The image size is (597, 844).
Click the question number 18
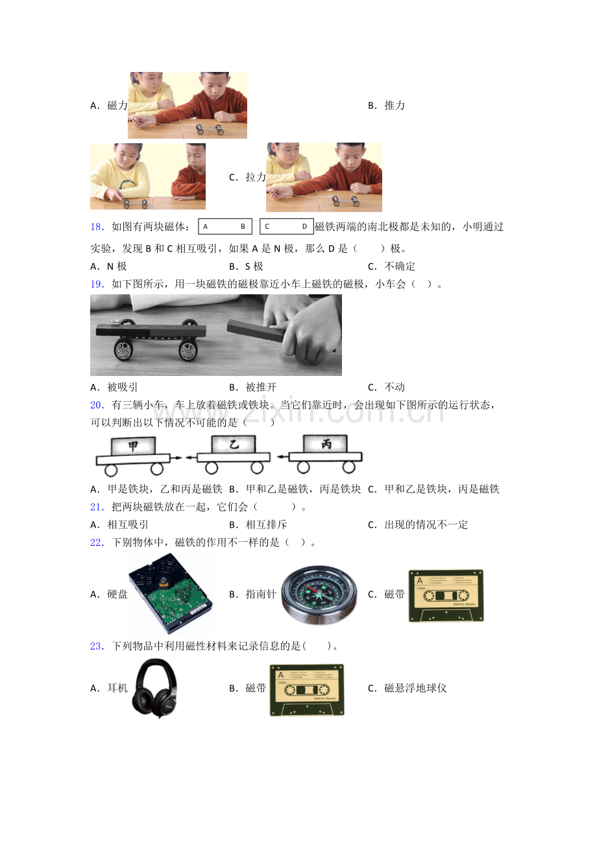pyautogui.click(x=97, y=227)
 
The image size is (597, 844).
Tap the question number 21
pyautogui.click(x=97, y=507)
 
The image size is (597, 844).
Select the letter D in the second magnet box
pyautogui.click(x=304, y=226)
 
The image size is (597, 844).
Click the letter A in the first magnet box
pyautogui.click(x=205, y=226)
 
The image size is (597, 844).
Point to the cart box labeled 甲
pyautogui.click(x=133, y=446)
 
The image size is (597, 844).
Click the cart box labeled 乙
pyautogui.click(x=234, y=445)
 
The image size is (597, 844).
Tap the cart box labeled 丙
pyautogui.click(x=326, y=444)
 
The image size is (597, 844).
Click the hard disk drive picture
pyautogui.click(x=171, y=594)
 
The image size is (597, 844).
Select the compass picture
pyautogui.click(x=319, y=595)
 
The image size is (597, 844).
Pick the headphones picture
pyautogui.click(x=154, y=688)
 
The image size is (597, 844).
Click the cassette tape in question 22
pyautogui.click(x=446, y=596)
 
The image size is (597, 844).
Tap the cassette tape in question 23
pyautogui.click(x=307, y=690)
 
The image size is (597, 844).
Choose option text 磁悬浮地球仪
pyautogui.click(x=415, y=688)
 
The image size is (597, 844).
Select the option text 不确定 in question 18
pyautogui.click(x=399, y=266)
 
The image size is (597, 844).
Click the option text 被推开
pyautogui.click(x=261, y=387)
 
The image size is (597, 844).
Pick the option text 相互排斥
pyautogui.click(x=266, y=524)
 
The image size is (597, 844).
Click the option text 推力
pyautogui.click(x=395, y=106)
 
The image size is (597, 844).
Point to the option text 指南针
pyautogui.click(x=261, y=594)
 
